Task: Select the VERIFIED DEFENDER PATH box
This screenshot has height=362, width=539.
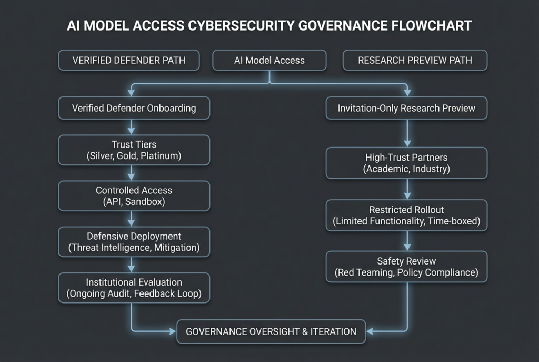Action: (129, 60)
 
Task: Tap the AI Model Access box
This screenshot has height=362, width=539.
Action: (269, 60)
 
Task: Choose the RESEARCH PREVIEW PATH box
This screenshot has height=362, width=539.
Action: (415, 60)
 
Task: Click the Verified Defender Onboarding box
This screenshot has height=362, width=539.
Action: (134, 109)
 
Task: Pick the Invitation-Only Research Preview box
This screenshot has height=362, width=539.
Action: (406, 109)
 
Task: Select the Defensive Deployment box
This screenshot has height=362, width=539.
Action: (134, 241)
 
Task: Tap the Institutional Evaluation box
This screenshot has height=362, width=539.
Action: (134, 288)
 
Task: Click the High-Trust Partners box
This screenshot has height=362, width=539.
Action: (406, 163)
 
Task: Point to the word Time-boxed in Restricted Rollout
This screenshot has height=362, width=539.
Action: (454, 221)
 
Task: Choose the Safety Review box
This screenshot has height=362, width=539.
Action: (406, 267)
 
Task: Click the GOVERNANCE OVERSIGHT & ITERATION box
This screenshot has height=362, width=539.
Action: (271, 331)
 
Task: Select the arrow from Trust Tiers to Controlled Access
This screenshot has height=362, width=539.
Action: (131, 173)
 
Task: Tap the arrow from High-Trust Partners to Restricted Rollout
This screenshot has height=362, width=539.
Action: (407, 189)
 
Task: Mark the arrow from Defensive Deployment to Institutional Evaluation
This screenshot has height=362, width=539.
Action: (131, 265)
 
